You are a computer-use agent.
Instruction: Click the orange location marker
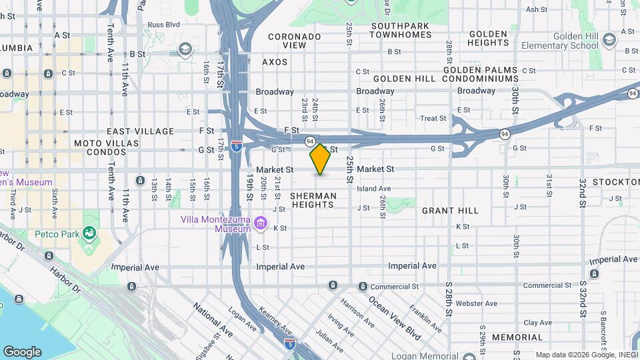point(320,159)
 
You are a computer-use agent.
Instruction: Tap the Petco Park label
point(59,234)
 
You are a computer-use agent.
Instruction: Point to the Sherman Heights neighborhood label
point(312,200)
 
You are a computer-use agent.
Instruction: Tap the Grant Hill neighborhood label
point(450,211)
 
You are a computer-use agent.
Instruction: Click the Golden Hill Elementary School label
point(566,41)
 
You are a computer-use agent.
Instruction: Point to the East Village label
point(140,131)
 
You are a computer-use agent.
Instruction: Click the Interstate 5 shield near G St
point(237,146)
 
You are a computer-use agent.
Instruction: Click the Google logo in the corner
point(23,351)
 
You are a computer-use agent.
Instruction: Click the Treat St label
point(433,119)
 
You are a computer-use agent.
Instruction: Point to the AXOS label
point(275,62)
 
